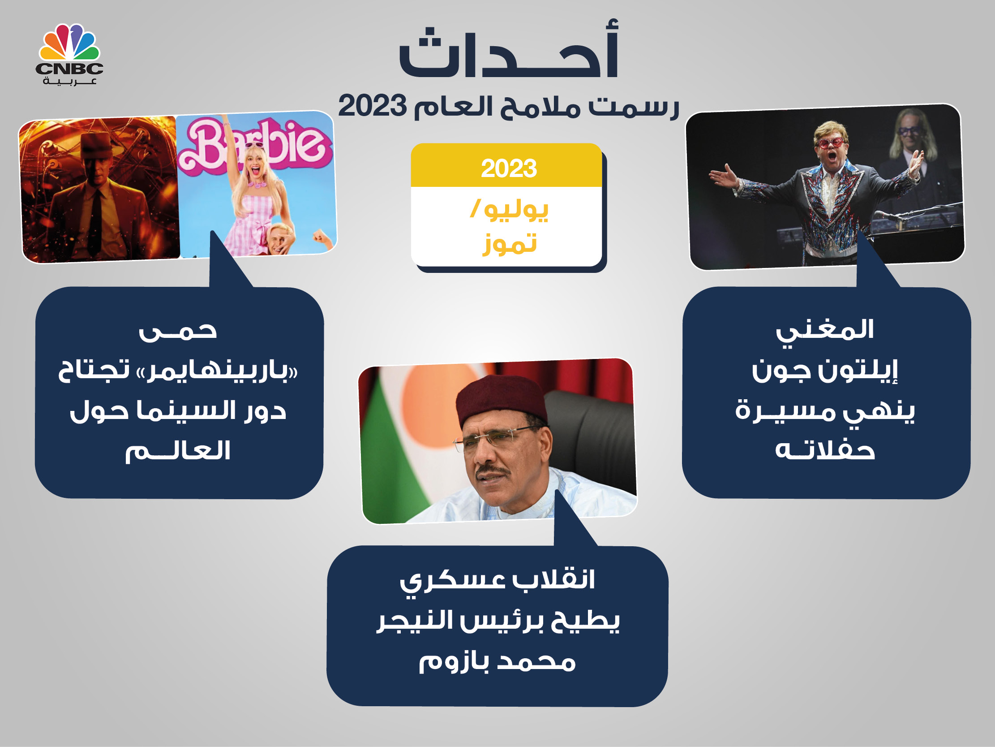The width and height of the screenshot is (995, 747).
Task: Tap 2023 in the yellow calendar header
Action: (509, 168)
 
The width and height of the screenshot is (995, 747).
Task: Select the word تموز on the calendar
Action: (510, 243)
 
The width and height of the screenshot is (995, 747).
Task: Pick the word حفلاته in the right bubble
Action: (825, 450)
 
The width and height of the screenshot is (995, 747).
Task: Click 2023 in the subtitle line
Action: (372, 106)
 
